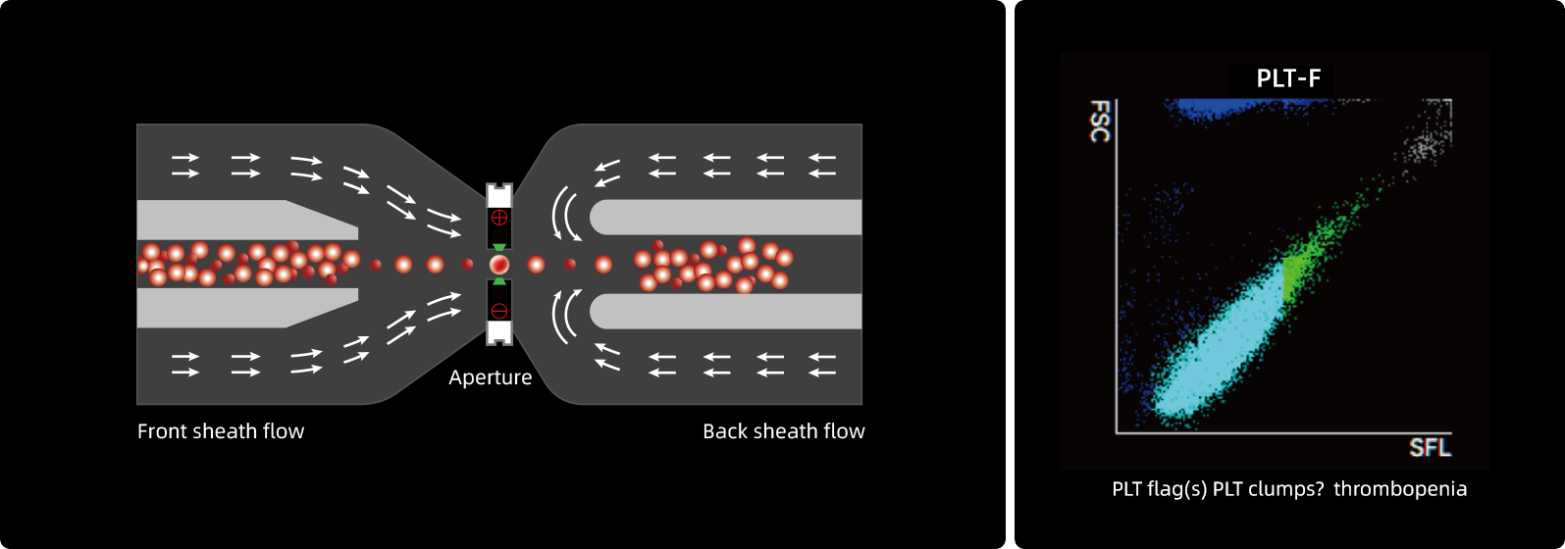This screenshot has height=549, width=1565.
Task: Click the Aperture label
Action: [x=490, y=377]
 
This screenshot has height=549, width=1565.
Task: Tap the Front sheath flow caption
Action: [x=221, y=431]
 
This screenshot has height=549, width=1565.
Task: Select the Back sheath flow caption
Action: [x=783, y=431]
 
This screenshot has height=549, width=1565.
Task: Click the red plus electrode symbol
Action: [x=499, y=217]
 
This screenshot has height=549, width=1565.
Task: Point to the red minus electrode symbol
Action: [x=499, y=312]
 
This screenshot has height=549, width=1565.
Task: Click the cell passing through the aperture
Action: [x=499, y=264]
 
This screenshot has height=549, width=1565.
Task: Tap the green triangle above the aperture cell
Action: [x=499, y=248]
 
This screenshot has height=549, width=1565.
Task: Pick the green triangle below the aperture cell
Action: [x=499, y=281]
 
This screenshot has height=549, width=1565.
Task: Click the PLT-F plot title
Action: [x=1288, y=79]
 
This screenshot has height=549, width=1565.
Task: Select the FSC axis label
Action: [x=1100, y=121]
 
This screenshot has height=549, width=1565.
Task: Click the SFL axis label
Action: [x=1430, y=448]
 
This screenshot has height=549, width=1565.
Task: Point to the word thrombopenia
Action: [x=1400, y=489]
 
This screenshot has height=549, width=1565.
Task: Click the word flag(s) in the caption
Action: [x=1176, y=489]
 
